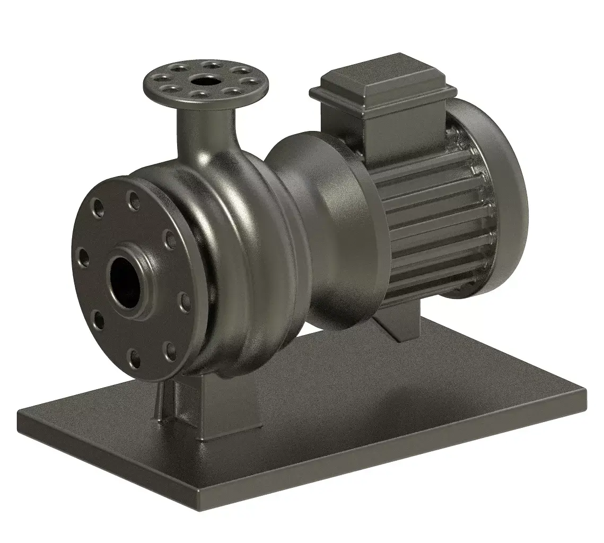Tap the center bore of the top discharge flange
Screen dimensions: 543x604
(204, 81)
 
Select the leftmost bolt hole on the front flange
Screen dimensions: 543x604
(83, 256)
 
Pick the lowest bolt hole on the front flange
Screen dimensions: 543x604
(134, 356)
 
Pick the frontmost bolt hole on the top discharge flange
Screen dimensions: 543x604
(197, 95)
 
